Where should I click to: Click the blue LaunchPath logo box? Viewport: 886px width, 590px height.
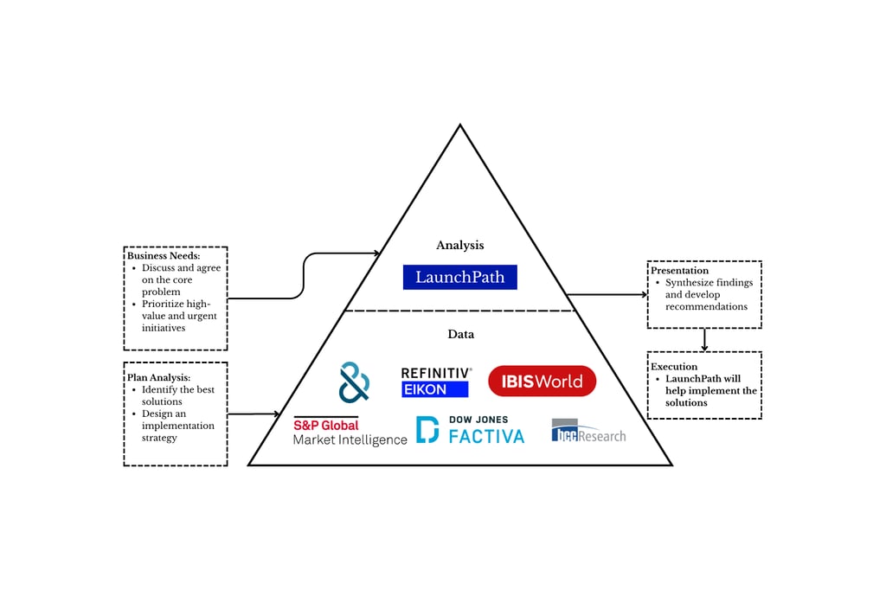[x=459, y=277]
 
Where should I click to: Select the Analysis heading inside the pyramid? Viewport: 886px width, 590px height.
[x=459, y=246]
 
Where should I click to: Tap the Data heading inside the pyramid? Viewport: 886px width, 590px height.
[x=459, y=334]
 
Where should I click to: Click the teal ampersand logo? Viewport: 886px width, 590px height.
[x=354, y=382]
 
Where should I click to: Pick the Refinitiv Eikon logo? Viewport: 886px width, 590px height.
[x=436, y=382]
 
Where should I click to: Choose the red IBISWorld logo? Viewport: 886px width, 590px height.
[x=542, y=382]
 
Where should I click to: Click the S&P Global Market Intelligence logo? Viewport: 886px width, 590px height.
[x=350, y=432]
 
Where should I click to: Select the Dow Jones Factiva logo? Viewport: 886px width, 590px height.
[x=470, y=430]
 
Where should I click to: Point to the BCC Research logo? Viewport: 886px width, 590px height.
[x=588, y=431]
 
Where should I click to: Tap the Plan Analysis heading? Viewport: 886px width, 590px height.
[x=158, y=378]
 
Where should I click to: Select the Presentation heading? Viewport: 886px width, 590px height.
[x=679, y=271]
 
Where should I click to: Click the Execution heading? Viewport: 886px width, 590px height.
[x=674, y=367]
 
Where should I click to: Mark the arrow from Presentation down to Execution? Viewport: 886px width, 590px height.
[x=704, y=339]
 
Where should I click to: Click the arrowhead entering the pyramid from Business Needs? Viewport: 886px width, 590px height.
[x=376, y=253]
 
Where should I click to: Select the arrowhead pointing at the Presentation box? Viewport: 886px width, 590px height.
[x=643, y=294]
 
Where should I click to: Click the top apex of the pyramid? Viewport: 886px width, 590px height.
[x=459, y=126]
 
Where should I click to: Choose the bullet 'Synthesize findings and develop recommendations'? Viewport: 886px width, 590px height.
[x=709, y=294]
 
